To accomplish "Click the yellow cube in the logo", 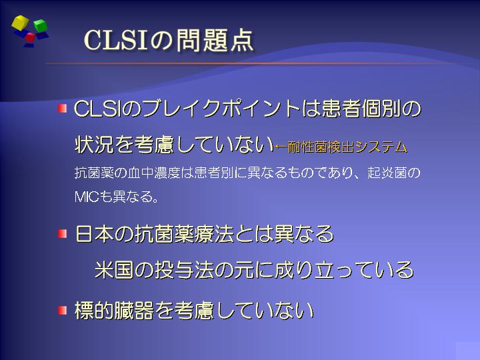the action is pos(20,23).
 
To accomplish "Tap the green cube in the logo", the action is pos(40,25).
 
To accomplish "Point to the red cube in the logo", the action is pos(30,37).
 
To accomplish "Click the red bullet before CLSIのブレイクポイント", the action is pos(62,108).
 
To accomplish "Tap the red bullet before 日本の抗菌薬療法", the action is pos(62,234).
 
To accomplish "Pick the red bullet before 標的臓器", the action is pos(62,311).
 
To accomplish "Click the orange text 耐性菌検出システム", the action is pos(347,147).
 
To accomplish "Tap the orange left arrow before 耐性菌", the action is pos(281,147).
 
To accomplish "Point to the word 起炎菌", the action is pos(387,173).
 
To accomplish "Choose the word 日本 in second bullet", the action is pos(95,234).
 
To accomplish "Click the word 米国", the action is pos(114,270).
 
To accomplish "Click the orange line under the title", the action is pos(245,63).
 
